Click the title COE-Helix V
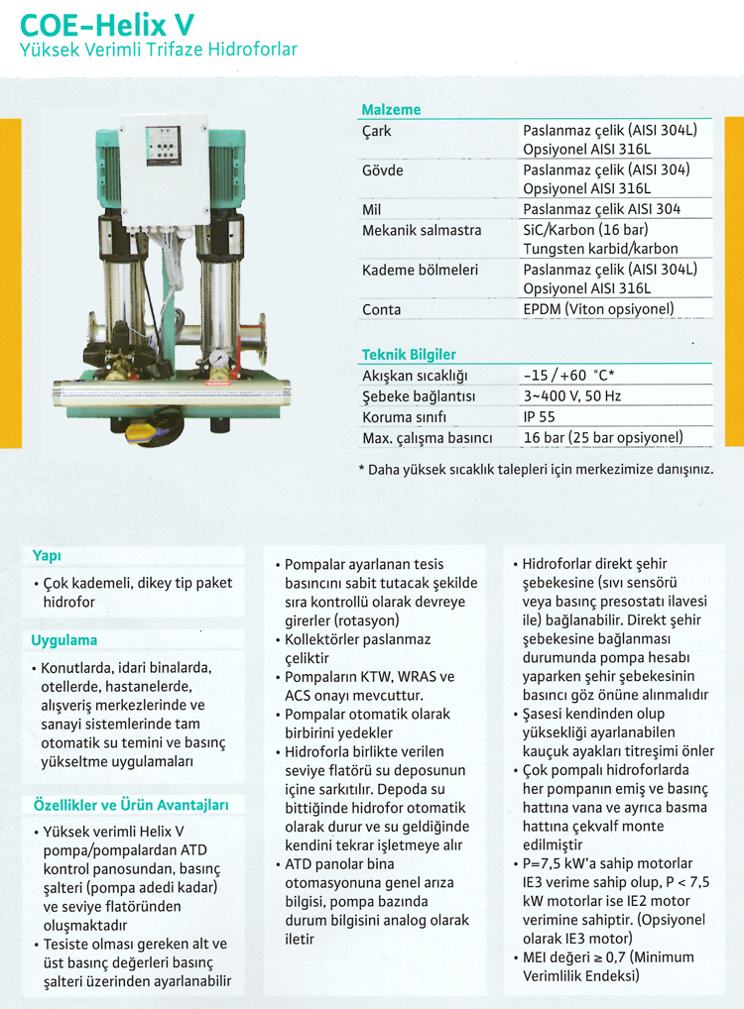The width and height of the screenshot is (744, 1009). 108,22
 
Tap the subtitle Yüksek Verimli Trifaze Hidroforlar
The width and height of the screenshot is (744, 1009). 159,50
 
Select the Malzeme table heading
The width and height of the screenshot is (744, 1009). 391,109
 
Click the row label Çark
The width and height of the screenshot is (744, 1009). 377,130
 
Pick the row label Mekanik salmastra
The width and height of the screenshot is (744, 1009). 422,230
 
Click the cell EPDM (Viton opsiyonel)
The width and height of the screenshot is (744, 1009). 598,309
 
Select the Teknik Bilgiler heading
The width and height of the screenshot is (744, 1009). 409,354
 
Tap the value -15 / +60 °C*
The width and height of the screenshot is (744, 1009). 569,376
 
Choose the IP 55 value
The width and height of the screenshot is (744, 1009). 541,417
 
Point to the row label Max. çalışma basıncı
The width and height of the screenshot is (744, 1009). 428,438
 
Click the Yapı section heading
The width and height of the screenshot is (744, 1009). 47,556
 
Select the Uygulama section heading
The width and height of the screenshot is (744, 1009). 64,640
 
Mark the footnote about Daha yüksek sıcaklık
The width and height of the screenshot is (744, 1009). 536,469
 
